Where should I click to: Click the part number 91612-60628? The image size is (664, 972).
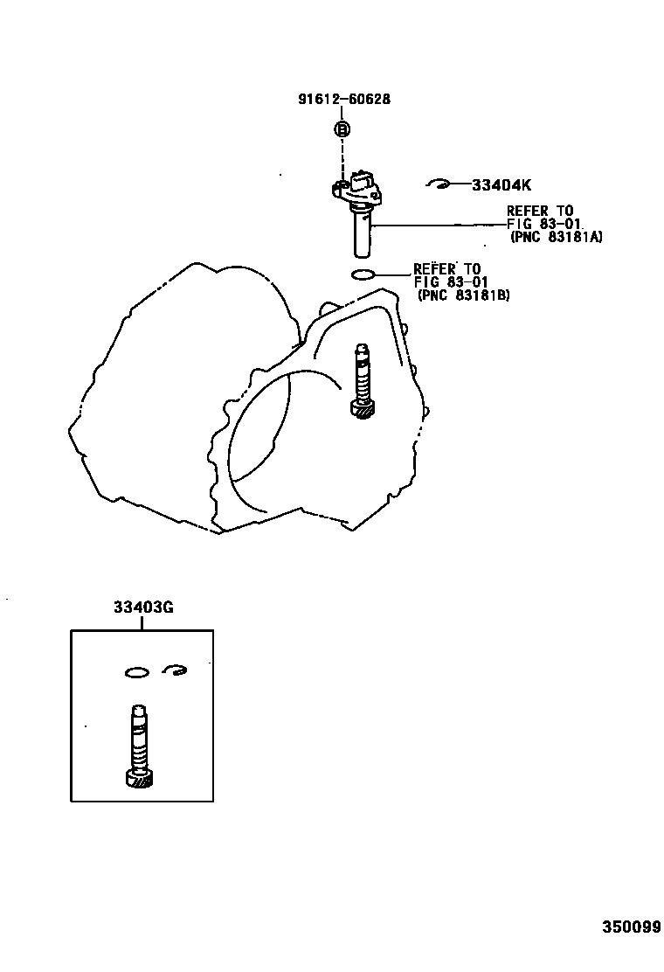[x=342, y=100]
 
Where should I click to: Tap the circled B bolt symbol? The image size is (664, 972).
[x=342, y=129]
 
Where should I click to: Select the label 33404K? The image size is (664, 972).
[x=501, y=185]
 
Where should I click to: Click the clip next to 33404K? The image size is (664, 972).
[x=439, y=184]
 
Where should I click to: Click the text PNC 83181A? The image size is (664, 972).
[x=557, y=237]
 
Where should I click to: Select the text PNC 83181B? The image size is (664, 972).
[x=464, y=295]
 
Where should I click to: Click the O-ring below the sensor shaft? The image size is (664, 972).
[x=363, y=276]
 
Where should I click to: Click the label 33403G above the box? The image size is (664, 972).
[x=142, y=608]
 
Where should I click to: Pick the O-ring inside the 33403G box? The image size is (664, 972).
[x=135, y=672]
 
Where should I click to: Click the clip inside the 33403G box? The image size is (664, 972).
[x=176, y=670]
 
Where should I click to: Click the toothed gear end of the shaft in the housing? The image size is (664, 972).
[x=363, y=408]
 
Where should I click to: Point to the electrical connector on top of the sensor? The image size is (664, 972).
[x=362, y=182]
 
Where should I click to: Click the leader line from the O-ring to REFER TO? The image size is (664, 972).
[x=393, y=275]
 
